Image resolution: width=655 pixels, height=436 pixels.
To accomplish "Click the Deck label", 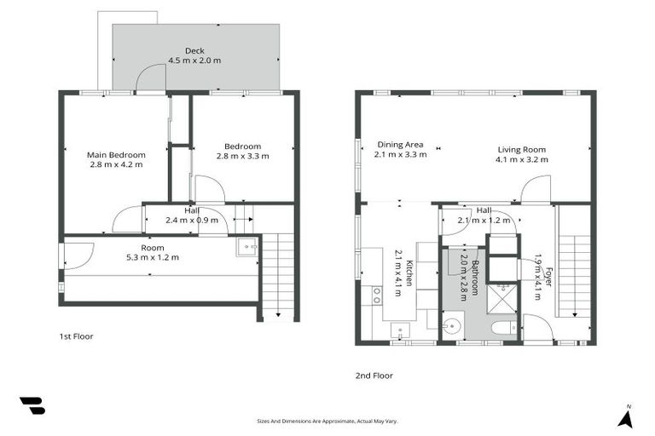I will point(194,50).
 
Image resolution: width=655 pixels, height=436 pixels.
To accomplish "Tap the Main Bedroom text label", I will point(116,154).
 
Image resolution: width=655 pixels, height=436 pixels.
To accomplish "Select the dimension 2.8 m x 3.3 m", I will point(242,156).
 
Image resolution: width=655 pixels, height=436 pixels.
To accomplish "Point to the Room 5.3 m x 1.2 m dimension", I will point(153,257).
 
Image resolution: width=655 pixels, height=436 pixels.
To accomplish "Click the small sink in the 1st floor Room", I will point(247,248).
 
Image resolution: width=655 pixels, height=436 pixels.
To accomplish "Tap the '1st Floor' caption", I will point(77,336).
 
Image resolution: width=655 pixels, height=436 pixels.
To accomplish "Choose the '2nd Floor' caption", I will point(374,375).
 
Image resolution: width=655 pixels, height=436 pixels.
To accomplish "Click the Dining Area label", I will point(400,145).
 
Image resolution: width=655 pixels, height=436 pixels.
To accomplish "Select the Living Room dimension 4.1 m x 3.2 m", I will point(523,159).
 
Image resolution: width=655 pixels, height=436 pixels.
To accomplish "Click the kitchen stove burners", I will point(375,296).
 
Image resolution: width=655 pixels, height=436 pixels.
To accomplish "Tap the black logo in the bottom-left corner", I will point(32,406).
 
